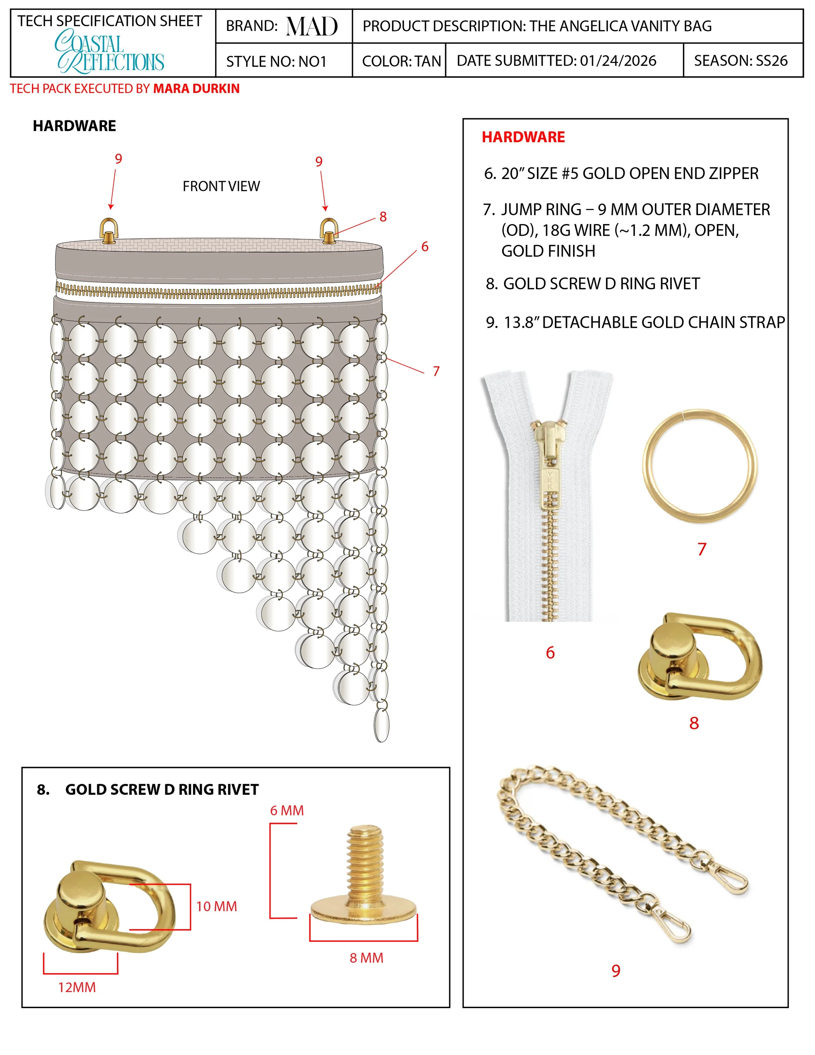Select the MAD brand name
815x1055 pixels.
[312, 26]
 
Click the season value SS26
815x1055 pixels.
[771, 61]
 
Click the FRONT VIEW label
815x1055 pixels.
[221, 187]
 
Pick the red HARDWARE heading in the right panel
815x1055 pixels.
[523, 137]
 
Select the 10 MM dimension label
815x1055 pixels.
[216, 907]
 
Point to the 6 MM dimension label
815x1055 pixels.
[287, 810]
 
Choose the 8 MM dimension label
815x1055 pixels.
[366, 958]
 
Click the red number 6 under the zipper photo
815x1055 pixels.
[550, 653]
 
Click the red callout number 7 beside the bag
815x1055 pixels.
[436, 371]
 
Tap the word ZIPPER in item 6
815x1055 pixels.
[733, 173]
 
